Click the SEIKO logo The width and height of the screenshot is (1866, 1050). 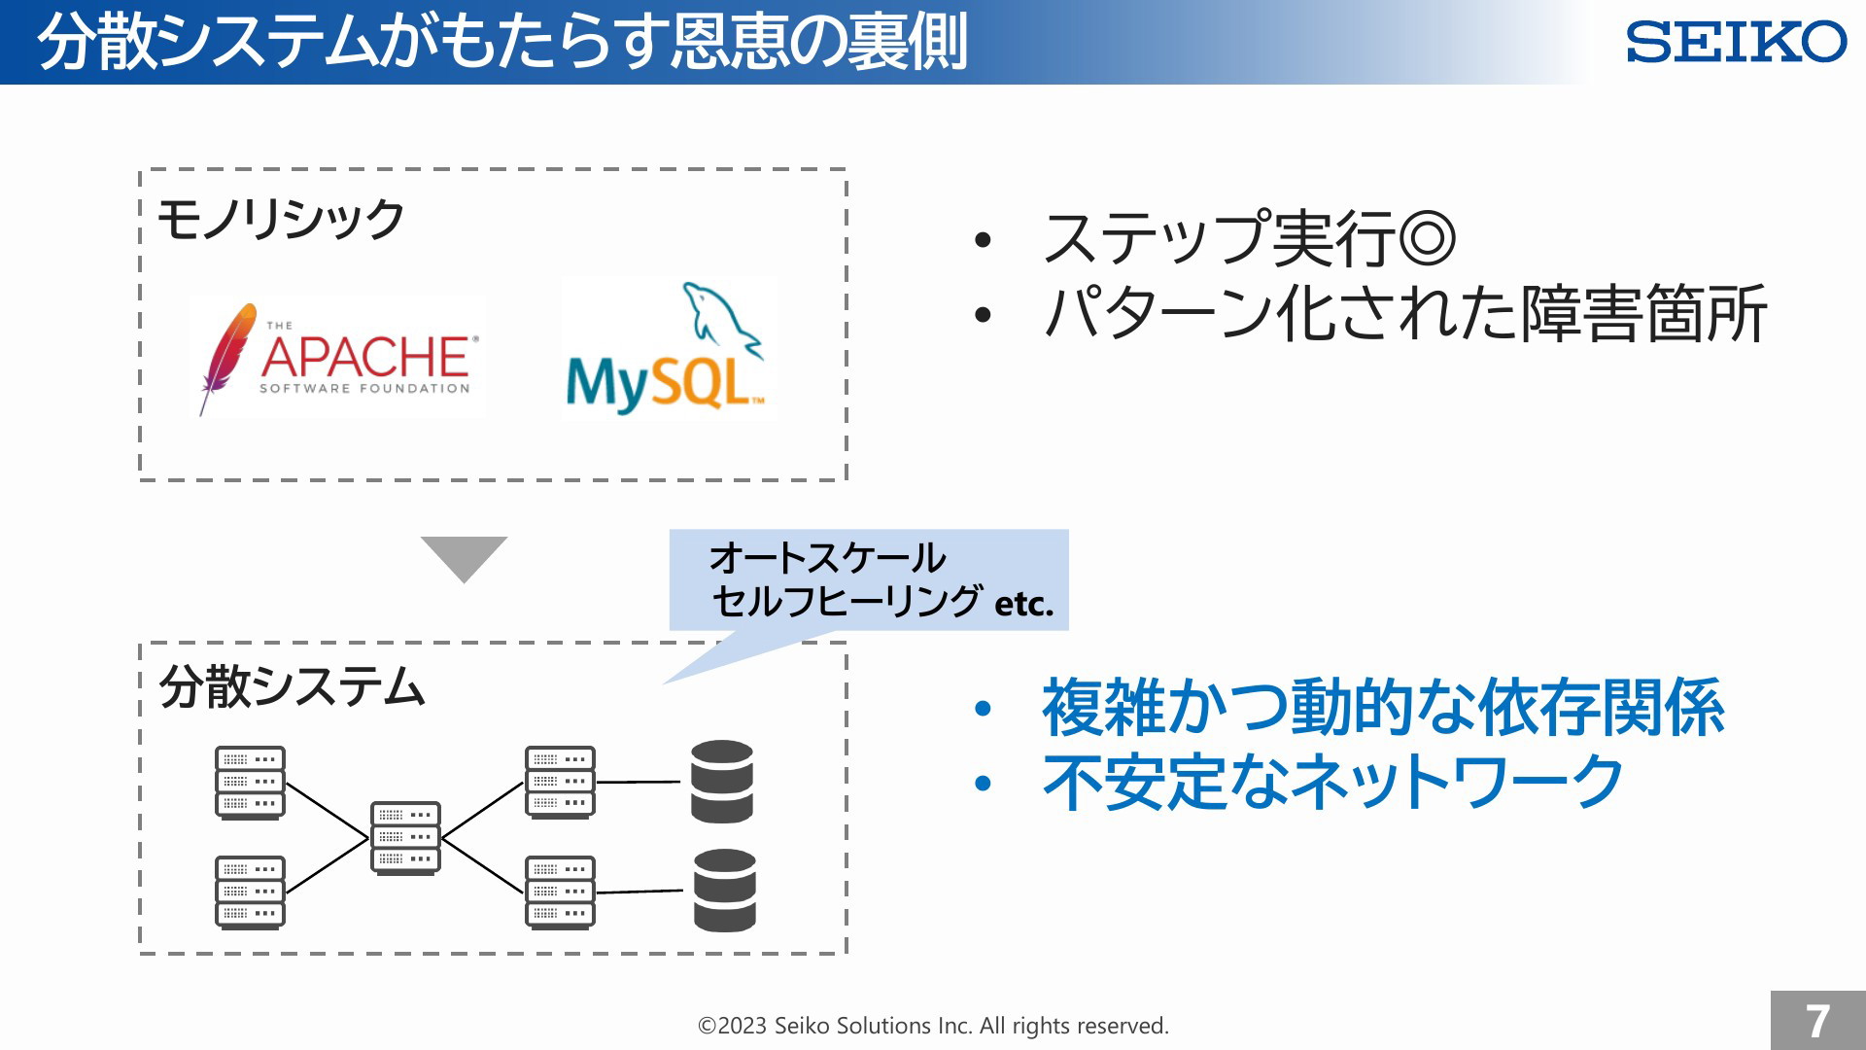(x=1736, y=43)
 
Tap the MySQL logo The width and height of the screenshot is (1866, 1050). (x=669, y=350)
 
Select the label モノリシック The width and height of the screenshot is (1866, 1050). (x=280, y=219)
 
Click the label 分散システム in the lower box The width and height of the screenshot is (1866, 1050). (x=292, y=686)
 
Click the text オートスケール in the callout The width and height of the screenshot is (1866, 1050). (x=827, y=558)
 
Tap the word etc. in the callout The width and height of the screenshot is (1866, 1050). (x=1023, y=603)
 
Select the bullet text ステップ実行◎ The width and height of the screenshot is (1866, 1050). (x=1249, y=238)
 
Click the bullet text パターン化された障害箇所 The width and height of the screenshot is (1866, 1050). (x=1405, y=313)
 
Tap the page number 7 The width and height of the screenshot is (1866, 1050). (x=1817, y=1021)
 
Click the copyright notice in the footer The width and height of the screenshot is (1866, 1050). (x=933, y=1026)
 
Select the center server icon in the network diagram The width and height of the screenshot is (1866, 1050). (x=405, y=838)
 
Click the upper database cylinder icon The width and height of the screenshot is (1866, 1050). (x=722, y=782)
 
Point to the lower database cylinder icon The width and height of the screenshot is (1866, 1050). (x=725, y=891)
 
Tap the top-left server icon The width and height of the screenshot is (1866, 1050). (x=250, y=783)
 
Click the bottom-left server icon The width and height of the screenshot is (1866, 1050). (x=250, y=892)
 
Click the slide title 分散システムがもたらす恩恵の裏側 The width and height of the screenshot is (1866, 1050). (x=502, y=42)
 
